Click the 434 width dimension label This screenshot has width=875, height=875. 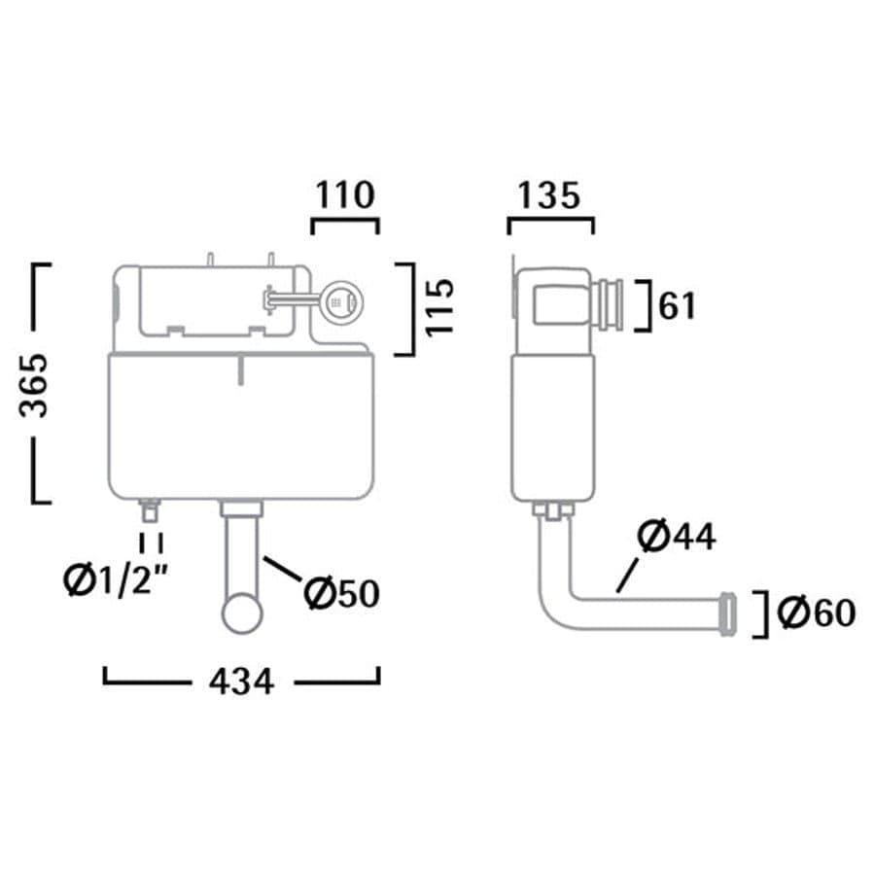[241, 682]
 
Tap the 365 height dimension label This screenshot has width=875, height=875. [33, 386]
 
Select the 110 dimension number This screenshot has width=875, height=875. [344, 194]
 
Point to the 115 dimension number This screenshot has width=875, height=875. [439, 306]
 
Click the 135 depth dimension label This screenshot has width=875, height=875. [549, 195]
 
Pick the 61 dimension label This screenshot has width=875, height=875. [678, 306]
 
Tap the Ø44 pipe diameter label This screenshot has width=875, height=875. [677, 536]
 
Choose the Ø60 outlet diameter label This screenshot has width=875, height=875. [817, 612]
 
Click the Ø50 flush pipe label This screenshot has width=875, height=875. [341, 593]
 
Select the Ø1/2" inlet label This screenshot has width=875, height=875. [116, 580]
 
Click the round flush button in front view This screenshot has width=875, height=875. [341, 302]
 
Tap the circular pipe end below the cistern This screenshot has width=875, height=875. [242, 613]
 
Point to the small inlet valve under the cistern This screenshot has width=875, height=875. [150, 510]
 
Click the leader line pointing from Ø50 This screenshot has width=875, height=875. [283, 569]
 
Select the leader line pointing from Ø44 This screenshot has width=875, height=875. [626, 576]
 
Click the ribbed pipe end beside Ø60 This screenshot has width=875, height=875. [727, 613]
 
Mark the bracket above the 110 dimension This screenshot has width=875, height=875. [345, 226]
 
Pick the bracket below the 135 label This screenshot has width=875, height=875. [551, 226]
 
